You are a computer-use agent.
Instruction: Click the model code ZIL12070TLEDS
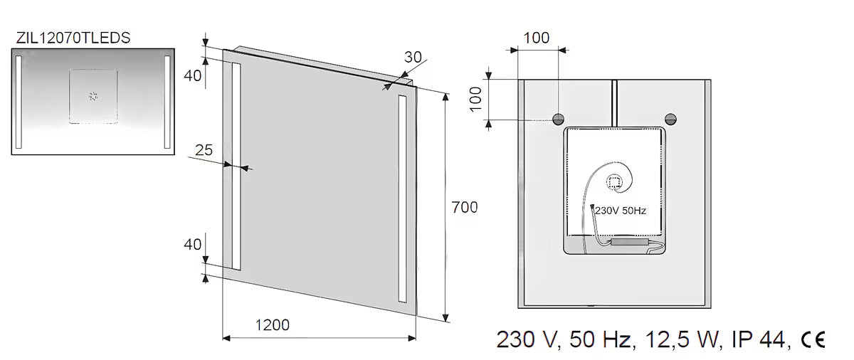(x=73, y=38)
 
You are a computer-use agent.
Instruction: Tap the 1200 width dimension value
(x=272, y=325)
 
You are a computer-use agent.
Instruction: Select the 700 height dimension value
(x=464, y=207)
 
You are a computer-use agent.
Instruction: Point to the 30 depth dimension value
(x=413, y=57)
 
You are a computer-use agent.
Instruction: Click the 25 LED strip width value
(x=204, y=150)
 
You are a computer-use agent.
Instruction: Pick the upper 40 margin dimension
(x=193, y=76)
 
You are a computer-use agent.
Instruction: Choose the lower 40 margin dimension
(x=193, y=245)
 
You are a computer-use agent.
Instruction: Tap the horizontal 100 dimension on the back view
(x=536, y=38)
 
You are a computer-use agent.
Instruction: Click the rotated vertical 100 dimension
(x=476, y=99)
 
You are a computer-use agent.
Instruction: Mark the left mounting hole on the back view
(x=559, y=120)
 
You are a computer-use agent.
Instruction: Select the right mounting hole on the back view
(x=670, y=120)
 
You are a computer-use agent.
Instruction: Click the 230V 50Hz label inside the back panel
(x=621, y=211)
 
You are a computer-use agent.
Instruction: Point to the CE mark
(x=813, y=339)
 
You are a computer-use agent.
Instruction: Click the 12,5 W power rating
(x=682, y=339)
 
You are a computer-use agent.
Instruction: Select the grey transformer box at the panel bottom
(x=629, y=241)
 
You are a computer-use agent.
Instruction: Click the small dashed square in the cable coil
(x=613, y=182)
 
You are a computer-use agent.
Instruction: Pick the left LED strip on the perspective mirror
(x=236, y=166)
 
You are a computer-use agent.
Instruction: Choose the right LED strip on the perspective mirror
(x=402, y=199)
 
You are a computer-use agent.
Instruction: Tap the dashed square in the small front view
(x=93, y=96)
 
